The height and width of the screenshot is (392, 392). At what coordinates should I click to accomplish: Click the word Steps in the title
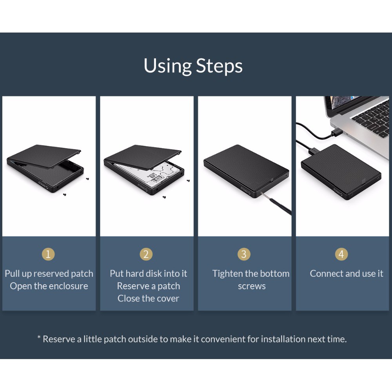click(219, 66)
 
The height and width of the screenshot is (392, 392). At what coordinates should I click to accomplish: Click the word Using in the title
click(168, 66)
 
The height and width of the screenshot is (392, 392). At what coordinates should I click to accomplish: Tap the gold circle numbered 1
click(48, 254)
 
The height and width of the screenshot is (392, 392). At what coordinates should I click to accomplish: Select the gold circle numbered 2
click(146, 254)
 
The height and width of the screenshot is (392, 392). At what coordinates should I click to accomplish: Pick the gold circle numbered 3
click(244, 254)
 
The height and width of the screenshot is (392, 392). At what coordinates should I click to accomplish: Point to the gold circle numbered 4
click(341, 254)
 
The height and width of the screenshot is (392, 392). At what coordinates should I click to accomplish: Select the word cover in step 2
click(167, 298)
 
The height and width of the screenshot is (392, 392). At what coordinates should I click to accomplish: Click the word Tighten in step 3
click(227, 274)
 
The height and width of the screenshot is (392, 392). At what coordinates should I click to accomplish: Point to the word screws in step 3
click(252, 286)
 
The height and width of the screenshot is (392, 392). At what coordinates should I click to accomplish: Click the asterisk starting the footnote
click(39, 338)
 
